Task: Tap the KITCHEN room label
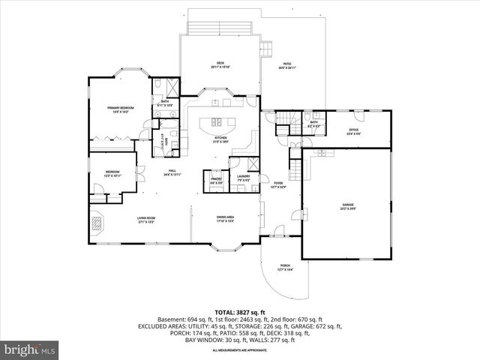[x=220, y=139]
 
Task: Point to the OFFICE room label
[x=353, y=132]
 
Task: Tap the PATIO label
[x=287, y=65]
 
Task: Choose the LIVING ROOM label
[x=145, y=220]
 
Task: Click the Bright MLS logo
[x=30, y=349]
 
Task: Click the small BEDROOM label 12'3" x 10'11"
[x=112, y=174]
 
